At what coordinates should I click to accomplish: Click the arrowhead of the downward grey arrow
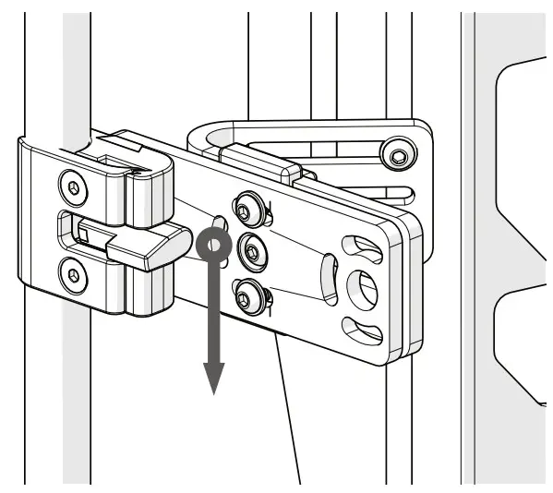click(213, 376)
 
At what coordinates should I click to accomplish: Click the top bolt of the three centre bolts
click(246, 209)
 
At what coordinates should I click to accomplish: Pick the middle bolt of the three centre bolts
click(248, 250)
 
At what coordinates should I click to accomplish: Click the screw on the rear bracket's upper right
click(398, 154)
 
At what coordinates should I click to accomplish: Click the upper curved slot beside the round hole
click(357, 246)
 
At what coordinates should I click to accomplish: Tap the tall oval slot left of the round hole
click(328, 277)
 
